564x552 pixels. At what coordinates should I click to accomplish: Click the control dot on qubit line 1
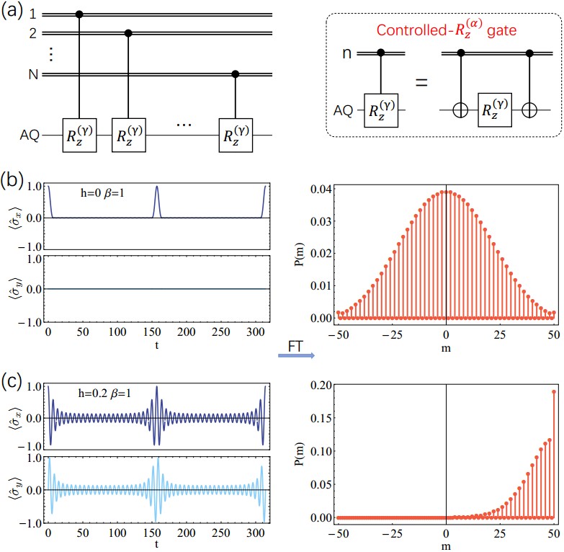[79, 14]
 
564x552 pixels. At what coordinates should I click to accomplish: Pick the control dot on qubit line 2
[128, 33]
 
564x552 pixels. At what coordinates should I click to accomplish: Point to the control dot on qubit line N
[235, 74]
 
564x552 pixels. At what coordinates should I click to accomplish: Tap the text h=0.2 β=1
[107, 394]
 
